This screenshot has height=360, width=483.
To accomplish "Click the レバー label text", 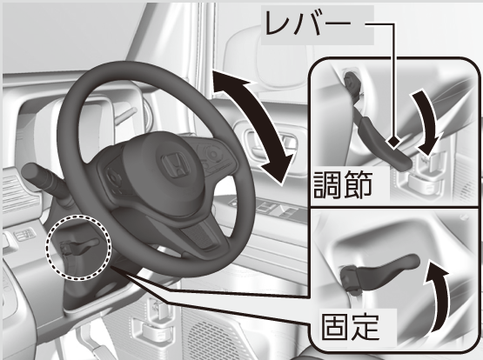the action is (308, 23).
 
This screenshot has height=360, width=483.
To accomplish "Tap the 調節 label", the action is (343, 184).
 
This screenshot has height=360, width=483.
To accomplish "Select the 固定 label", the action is (350, 326).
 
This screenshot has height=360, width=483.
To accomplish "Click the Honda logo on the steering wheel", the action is (175, 165).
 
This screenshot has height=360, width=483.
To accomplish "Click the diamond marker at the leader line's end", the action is (393, 143).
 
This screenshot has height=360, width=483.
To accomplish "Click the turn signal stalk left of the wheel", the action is (46, 181).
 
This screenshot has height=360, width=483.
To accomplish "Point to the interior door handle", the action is (271, 142).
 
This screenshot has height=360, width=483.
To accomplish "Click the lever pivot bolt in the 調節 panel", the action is (352, 83).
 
